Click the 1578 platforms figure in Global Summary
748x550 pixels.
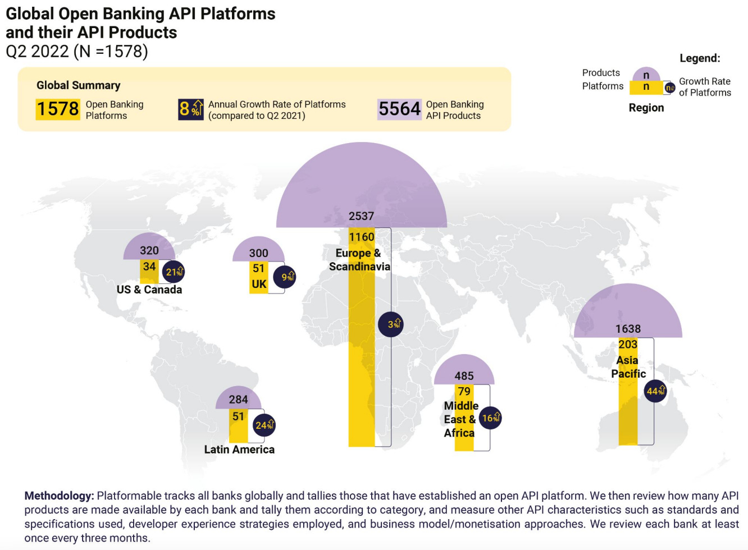(x=58, y=109)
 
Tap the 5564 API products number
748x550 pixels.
(x=399, y=109)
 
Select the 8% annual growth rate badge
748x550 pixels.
(x=191, y=109)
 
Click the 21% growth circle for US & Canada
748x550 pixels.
(x=174, y=272)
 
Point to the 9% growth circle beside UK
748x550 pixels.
(x=285, y=277)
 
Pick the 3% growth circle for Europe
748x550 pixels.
(x=391, y=324)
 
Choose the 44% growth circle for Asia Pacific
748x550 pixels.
(x=655, y=391)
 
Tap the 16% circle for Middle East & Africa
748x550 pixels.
(x=490, y=418)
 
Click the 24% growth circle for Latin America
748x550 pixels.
(x=264, y=425)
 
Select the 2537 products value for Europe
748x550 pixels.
(x=361, y=216)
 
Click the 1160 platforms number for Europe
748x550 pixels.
(x=361, y=237)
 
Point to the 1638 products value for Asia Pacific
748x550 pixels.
(x=628, y=329)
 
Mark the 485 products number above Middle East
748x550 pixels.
(x=464, y=376)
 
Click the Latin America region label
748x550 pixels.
(x=239, y=450)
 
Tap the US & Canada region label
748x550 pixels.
(x=149, y=290)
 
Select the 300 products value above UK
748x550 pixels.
(x=258, y=253)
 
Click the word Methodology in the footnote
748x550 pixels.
(x=58, y=496)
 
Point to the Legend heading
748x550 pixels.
(x=700, y=58)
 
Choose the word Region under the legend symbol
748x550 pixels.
(x=646, y=108)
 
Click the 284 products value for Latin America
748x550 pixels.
(x=238, y=400)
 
